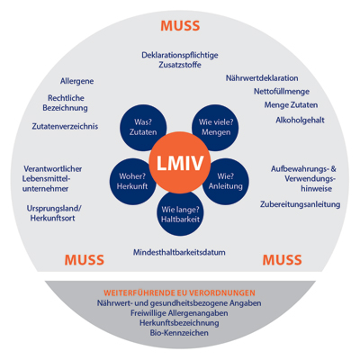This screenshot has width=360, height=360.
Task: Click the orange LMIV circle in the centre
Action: pyautogui.click(x=180, y=163)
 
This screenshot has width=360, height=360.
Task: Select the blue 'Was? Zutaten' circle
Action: pyautogui.click(x=143, y=128)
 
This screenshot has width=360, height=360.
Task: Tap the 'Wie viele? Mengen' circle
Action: pyautogui.click(x=216, y=128)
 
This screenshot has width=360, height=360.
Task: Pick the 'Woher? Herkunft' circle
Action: pyautogui.click(x=132, y=182)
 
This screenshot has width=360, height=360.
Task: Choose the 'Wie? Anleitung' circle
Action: pyautogui.click(x=226, y=182)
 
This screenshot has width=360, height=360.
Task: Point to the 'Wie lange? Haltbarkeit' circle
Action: pyautogui.click(x=180, y=213)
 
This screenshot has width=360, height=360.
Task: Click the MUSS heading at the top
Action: pyautogui.click(x=180, y=26)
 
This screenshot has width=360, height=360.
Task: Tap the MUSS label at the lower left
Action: pyautogui.click(x=85, y=260)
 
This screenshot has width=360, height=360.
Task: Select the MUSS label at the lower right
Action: pyautogui.click(x=283, y=260)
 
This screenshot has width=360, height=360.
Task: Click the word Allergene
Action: pyautogui.click(x=76, y=81)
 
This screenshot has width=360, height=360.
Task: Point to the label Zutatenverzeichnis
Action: pyautogui.click(x=65, y=126)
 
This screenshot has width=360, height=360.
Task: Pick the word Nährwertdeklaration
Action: pyautogui.click(x=262, y=78)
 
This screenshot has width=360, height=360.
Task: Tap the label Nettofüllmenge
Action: pyautogui.click(x=282, y=91)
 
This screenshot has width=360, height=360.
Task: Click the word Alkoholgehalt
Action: pyautogui.click(x=300, y=120)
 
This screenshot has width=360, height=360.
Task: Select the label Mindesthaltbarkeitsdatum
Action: pyautogui.click(x=179, y=252)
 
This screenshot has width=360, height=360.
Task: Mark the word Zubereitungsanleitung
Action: pyautogui.click(x=300, y=204)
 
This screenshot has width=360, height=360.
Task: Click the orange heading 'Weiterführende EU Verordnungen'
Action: pyautogui.click(x=179, y=292)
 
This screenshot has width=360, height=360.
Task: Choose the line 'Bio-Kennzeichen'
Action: pyautogui.click(x=179, y=333)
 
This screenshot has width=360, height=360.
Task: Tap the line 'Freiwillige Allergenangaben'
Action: pyautogui.click(x=179, y=313)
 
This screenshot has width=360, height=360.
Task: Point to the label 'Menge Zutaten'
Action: pyautogui.click(x=291, y=105)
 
